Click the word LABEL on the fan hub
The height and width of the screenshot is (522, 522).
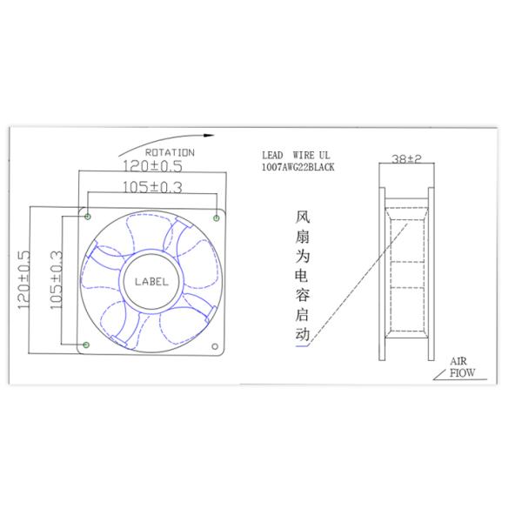click(151, 281)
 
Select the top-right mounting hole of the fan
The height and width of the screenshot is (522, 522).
click(217, 215)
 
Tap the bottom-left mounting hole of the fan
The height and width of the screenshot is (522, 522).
click(86, 345)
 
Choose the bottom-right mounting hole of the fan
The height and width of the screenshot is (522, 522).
click(217, 345)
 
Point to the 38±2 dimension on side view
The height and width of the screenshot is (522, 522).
click(406, 159)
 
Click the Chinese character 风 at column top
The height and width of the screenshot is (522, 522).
click(303, 214)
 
